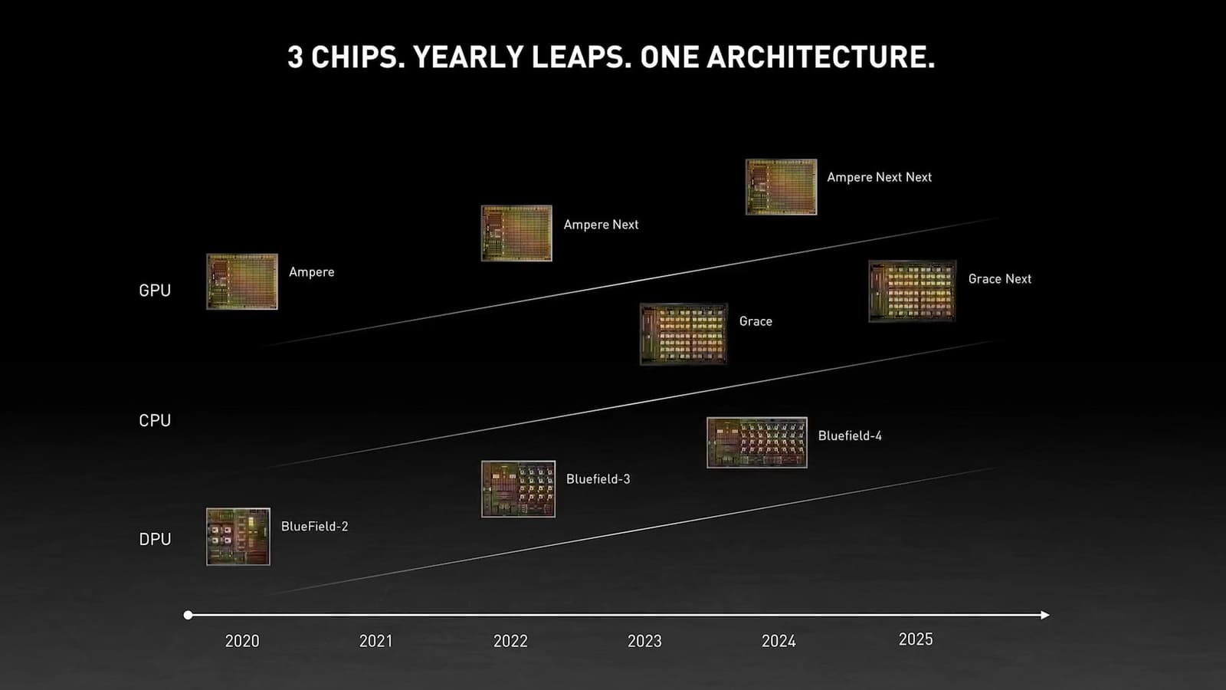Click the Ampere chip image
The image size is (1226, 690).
coord(242,281)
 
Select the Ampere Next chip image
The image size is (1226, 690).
coord(516,233)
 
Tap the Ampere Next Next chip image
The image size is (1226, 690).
coord(781,187)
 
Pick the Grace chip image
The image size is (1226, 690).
coord(683,333)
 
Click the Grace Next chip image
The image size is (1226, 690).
coord(912,291)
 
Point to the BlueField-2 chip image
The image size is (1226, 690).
coord(238,537)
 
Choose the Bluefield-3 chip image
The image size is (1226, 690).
coord(518,489)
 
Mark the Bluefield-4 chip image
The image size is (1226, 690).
coord(756,442)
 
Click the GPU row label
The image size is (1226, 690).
coord(155,291)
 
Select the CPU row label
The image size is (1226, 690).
coord(155,421)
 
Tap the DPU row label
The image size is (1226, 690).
coord(155,540)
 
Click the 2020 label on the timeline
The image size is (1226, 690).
coord(242,641)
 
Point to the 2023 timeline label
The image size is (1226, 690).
coord(644,641)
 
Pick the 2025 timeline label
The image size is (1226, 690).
coord(916,639)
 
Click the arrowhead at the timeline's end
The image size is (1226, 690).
coord(1045,615)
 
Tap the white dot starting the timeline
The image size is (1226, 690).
coord(188,615)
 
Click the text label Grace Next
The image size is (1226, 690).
coord(999,279)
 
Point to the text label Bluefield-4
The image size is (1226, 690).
coord(850,435)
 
